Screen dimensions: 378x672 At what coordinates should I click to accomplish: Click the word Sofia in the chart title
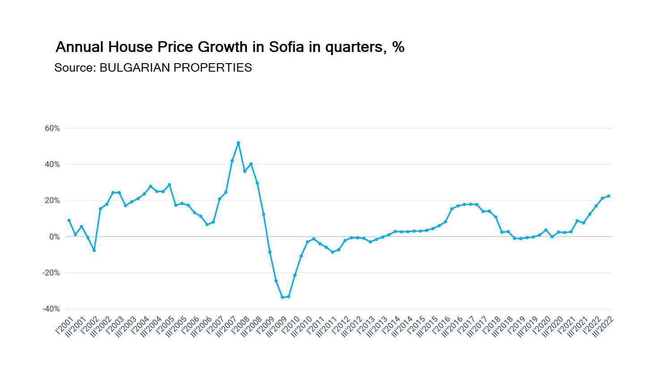point(286,47)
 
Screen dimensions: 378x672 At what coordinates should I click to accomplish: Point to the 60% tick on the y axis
point(52,129)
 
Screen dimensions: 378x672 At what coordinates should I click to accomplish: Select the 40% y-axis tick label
point(52,164)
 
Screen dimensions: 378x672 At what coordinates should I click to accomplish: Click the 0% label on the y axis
point(54,236)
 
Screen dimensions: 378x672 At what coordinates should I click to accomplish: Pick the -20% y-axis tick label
point(51,273)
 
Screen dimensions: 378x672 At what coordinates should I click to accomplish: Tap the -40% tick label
point(51,309)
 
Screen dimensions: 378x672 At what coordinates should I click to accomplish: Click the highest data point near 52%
point(238,143)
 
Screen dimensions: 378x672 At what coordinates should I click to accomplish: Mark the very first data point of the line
point(69,220)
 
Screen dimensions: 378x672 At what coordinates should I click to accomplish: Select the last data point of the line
point(608,196)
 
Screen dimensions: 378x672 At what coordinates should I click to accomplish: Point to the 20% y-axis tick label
point(52,201)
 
